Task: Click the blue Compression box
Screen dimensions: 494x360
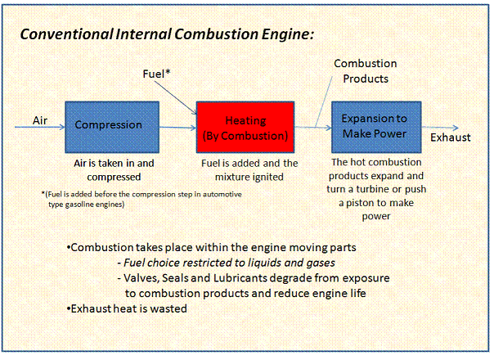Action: [x=108, y=125]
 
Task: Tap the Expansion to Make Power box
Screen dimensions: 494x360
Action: [x=375, y=125]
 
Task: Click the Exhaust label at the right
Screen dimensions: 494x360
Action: [x=451, y=137]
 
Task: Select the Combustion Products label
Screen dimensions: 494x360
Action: [x=366, y=71]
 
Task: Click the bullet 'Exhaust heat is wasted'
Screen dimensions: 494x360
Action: [x=127, y=308]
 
